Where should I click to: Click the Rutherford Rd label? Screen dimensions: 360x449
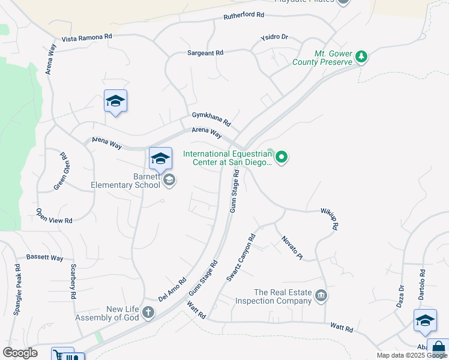click(x=244, y=14)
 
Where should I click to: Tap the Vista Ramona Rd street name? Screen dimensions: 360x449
click(x=87, y=37)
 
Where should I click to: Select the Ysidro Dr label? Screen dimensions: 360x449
click(x=274, y=37)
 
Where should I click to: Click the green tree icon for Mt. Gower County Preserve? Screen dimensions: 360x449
click(x=361, y=57)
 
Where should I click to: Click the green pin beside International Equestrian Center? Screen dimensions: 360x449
click(x=282, y=158)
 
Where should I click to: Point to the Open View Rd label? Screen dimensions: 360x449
click(x=53, y=216)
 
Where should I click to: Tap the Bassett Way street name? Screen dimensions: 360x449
click(x=44, y=257)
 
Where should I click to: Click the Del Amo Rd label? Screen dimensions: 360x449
click(x=173, y=289)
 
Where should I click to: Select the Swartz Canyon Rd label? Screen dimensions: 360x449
click(x=241, y=258)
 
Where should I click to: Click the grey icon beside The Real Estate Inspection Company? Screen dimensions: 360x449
click(x=321, y=295)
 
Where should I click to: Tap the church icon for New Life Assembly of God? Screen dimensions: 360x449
click(x=148, y=313)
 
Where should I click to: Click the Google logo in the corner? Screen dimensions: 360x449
click(x=20, y=353)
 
